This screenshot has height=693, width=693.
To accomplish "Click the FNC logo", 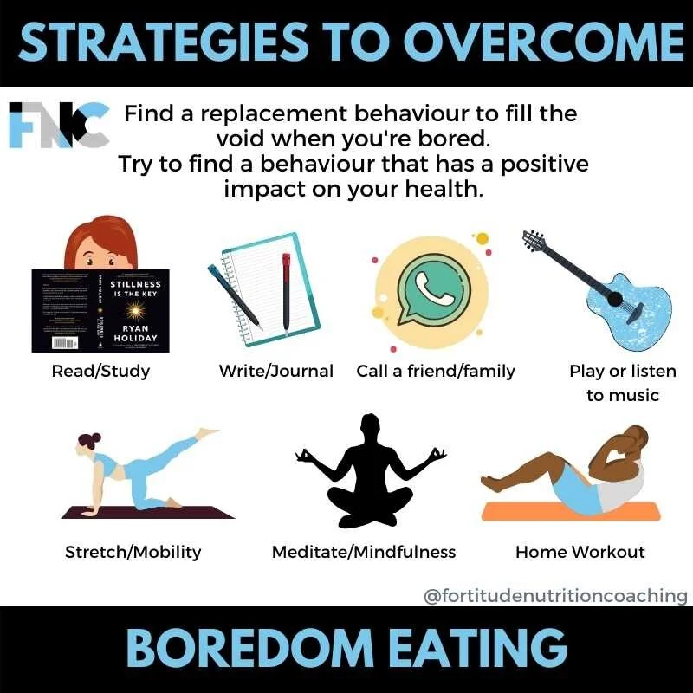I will point(59,125).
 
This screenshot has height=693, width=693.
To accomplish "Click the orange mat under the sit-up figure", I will point(563,511).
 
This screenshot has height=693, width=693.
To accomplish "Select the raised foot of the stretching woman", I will point(208,431).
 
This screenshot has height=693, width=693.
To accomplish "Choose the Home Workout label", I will point(580,551).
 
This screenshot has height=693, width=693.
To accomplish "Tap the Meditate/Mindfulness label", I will point(364,551).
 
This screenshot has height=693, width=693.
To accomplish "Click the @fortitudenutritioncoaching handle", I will point(555,596).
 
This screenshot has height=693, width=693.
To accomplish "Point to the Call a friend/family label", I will point(436,371).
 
